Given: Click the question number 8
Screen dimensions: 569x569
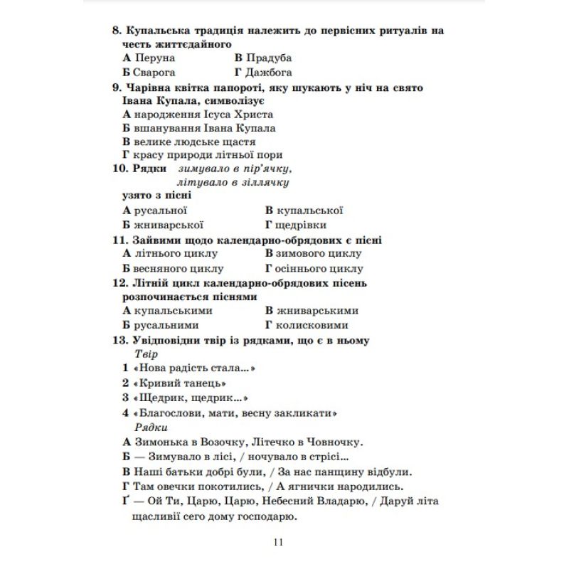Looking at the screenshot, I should point(117,31).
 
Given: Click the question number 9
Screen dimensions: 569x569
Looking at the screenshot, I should point(117,87).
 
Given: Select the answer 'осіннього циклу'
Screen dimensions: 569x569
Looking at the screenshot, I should point(319,269).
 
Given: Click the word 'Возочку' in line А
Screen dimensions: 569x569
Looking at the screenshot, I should point(222,442).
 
